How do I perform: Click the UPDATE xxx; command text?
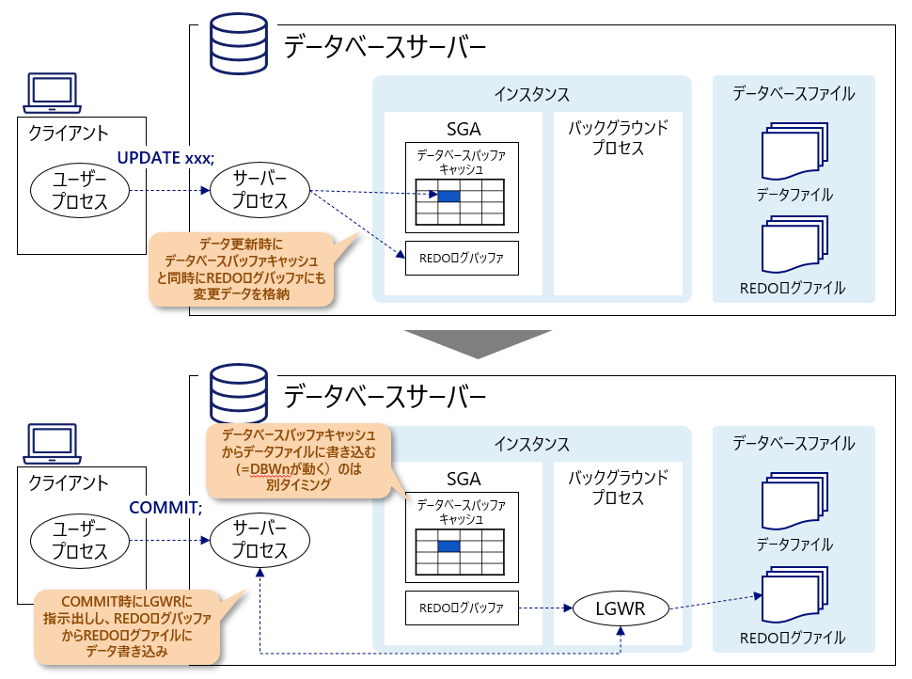[x=165, y=157]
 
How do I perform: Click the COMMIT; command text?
[x=165, y=508]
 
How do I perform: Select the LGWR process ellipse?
[x=620, y=608]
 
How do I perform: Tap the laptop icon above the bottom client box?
[x=52, y=443]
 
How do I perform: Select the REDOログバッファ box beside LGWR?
[x=461, y=608]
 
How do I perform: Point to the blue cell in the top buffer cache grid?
[x=448, y=196]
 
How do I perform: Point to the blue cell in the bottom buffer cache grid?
[x=448, y=546]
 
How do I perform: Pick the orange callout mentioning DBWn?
[x=297, y=462]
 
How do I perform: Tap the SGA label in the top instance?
[x=463, y=129]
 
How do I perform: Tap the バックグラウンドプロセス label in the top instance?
[x=619, y=137]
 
